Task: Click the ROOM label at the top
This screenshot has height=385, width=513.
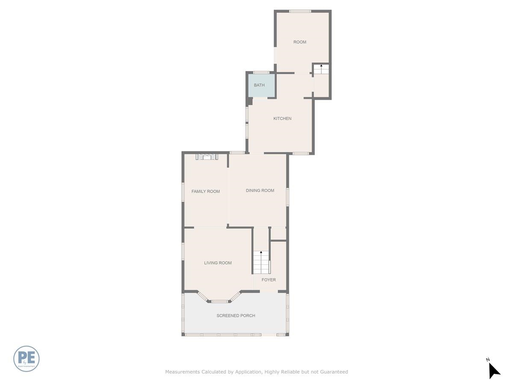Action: tap(300, 42)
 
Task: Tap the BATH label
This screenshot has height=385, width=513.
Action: tap(259, 85)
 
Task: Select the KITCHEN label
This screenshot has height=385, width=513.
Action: tap(282, 118)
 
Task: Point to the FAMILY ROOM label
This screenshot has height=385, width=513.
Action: tap(206, 191)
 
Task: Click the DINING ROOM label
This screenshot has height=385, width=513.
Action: tap(260, 190)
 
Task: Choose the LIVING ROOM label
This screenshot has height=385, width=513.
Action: tap(218, 263)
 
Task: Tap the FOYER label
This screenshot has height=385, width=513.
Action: tap(268, 280)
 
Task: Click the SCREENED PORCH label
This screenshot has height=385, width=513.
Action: tap(236, 316)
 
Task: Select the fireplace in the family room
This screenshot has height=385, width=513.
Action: tap(207, 157)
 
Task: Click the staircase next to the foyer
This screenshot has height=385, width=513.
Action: tap(261, 262)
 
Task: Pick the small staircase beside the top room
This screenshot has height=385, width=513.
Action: tap(321, 69)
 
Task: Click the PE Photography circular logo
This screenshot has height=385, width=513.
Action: tap(27, 358)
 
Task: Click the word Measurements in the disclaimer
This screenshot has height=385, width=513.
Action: tap(183, 372)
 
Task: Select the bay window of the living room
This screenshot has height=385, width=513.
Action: tap(220, 301)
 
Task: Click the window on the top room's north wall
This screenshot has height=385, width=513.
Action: tap(300, 11)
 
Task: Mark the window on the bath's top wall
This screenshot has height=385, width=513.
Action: tap(261, 72)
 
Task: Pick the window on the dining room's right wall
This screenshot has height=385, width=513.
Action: tap(287, 197)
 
